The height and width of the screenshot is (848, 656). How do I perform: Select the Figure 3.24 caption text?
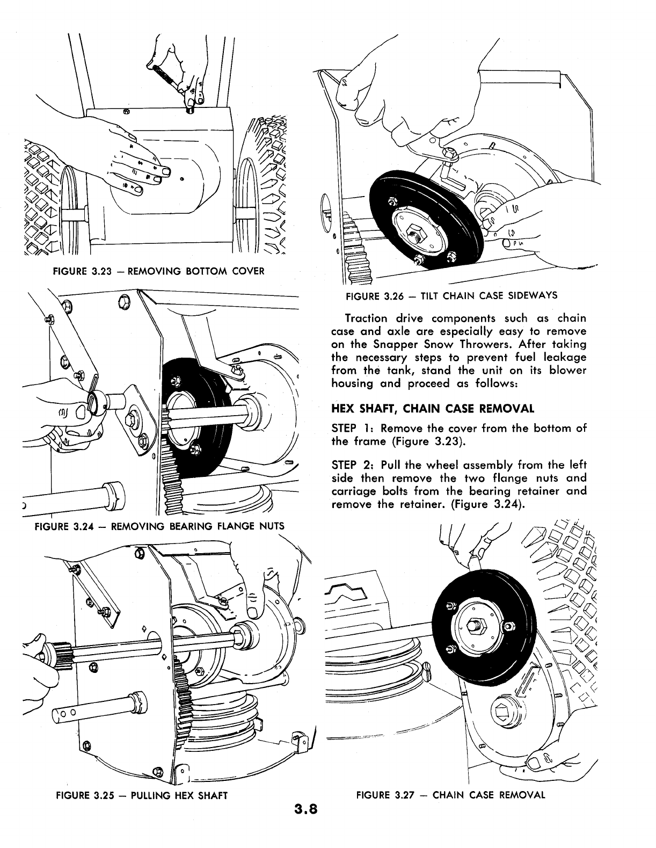tap(159, 525)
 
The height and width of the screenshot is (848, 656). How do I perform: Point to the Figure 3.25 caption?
tap(142, 795)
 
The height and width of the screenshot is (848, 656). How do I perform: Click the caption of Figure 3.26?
tap(451, 295)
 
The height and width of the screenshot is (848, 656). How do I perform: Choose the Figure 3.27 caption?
tap(450, 795)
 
